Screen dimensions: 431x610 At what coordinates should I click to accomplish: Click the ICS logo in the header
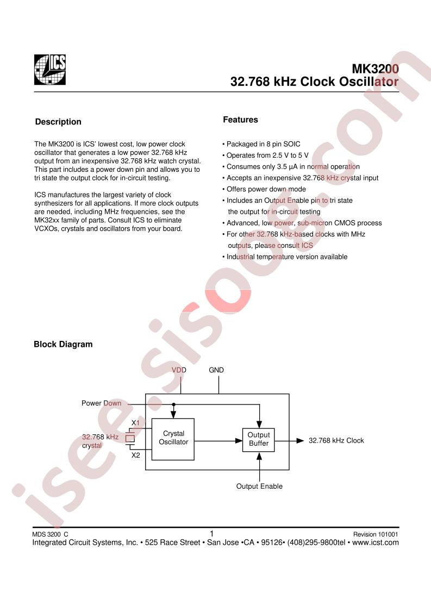coord(50,70)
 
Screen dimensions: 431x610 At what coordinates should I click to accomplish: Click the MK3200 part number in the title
coord(376,69)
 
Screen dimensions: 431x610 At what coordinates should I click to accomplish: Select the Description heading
coord(58,122)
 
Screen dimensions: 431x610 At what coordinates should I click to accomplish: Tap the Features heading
coord(240,120)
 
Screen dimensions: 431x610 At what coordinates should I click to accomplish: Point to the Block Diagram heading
coord(63,344)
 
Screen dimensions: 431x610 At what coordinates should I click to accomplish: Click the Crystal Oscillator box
coord(173,439)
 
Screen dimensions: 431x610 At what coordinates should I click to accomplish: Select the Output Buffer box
coord(258,440)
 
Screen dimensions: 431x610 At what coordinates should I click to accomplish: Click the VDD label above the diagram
coord(179,370)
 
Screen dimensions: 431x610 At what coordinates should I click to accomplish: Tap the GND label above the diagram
coord(216,370)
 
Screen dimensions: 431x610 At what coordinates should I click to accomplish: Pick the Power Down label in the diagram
coord(101,403)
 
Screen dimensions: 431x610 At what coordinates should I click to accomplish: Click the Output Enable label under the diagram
coord(259,486)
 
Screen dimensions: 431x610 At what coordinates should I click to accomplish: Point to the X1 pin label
coord(135,423)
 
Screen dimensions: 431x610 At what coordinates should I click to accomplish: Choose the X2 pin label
coord(135,455)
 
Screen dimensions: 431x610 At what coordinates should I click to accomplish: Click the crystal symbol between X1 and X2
coord(129,438)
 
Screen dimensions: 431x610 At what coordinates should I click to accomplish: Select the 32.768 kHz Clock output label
coord(336,440)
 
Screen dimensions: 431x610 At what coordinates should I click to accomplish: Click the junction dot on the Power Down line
coord(173,404)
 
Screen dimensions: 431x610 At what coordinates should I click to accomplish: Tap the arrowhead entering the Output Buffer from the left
coord(239,441)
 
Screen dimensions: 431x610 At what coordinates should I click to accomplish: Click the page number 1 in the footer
coord(211,533)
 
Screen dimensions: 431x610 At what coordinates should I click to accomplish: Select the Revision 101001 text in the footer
coord(376,534)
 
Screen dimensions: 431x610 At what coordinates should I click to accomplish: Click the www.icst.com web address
coord(376,543)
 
